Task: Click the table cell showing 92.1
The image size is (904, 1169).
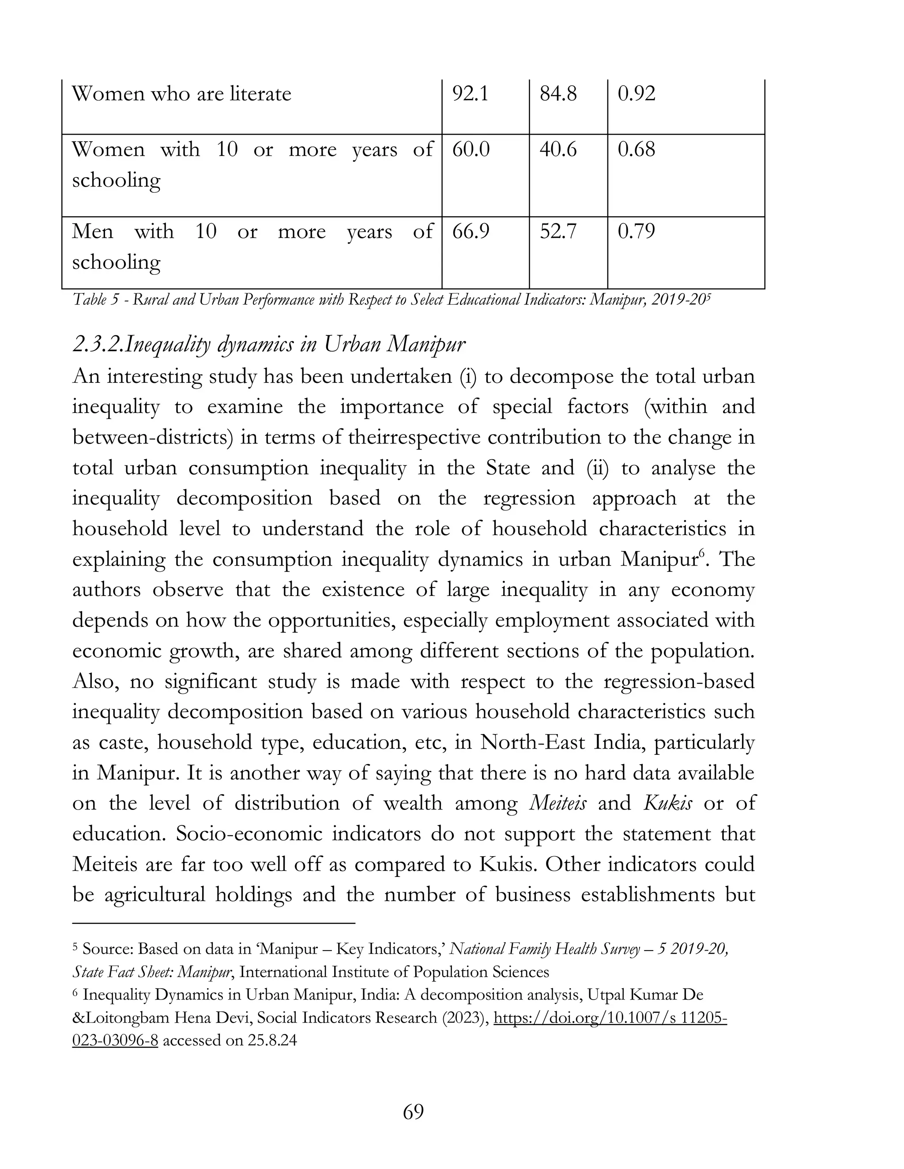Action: point(470,94)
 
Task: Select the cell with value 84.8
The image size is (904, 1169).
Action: point(558,94)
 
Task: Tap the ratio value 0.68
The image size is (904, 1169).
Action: point(636,150)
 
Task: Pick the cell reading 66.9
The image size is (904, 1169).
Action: point(470,232)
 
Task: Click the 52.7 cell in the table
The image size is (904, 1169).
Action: point(558,232)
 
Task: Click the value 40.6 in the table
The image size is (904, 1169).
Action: point(558,150)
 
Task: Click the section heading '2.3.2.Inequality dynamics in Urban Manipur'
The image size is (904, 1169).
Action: point(268,344)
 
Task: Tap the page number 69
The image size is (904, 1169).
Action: point(413,1112)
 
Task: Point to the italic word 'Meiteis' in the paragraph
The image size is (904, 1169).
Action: point(557,803)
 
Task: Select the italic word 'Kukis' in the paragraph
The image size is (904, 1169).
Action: point(667,803)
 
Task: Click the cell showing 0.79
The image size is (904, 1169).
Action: point(636,232)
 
